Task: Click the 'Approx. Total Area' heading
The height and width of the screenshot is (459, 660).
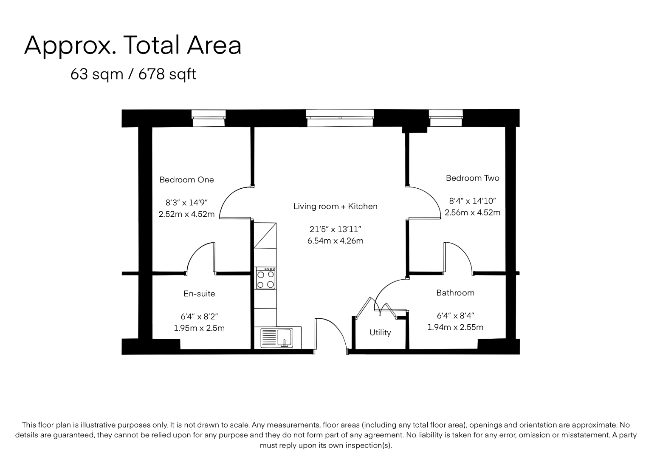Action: point(133,45)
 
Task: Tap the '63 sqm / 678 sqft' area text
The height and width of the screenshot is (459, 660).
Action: point(133,74)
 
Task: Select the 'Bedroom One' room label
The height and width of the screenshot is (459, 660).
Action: point(186,180)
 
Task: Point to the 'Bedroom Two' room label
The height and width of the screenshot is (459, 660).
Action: point(473,178)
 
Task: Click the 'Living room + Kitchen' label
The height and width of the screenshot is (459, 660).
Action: point(335,207)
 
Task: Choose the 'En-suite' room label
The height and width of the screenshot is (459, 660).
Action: point(199,294)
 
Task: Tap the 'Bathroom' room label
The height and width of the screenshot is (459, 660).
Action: point(455,293)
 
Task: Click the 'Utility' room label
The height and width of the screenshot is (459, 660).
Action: point(380,332)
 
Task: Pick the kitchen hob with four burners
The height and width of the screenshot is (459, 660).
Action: point(266,278)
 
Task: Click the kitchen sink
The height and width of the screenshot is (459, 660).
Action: point(277,337)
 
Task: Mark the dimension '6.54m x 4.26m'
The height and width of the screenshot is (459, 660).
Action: point(335,241)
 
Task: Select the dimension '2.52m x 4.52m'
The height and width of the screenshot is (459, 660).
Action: point(186,214)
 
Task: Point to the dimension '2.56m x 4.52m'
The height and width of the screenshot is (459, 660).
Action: point(472,212)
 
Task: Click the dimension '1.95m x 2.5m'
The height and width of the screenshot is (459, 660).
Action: point(199,328)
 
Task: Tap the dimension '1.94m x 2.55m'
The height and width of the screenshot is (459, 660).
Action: point(455,327)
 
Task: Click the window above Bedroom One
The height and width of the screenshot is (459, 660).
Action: point(209,118)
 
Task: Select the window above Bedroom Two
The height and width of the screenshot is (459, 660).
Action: point(446,118)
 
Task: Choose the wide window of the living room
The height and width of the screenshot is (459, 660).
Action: point(340,118)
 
